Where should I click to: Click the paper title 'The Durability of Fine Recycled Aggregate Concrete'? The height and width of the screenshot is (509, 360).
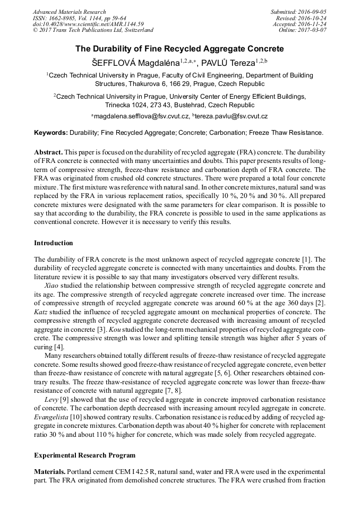[x=179, y=49]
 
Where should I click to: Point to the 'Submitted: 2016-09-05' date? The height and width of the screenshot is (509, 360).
[x=298, y=12]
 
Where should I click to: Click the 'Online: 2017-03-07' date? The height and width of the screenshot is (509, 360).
[x=303, y=30]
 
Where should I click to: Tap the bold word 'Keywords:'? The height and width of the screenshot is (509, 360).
[x=51, y=133]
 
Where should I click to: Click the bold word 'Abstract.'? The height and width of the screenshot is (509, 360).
[x=48, y=152]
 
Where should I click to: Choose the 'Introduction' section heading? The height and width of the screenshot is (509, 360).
[x=54, y=243]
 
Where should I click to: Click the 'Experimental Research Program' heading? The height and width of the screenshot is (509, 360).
[x=85, y=455]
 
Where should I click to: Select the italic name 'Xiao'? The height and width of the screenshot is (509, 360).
[x=52, y=285]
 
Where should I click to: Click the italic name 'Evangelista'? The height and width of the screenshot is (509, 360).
[x=53, y=418]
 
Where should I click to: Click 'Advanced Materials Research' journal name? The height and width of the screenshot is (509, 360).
[x=70, y=12]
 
